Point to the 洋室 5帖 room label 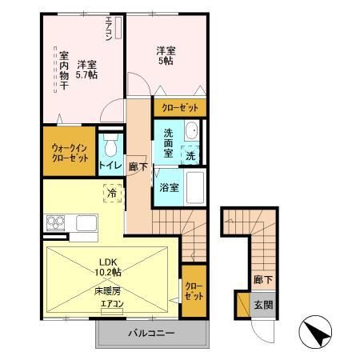pos(166,55)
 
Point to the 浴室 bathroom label pos(169,189)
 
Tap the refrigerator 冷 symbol pos(112,192)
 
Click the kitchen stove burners pos(56,222)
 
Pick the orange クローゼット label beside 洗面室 pos(178,106)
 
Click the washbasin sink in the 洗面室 pos(192,133)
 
